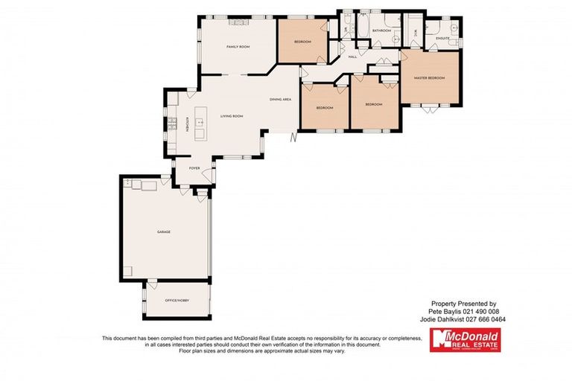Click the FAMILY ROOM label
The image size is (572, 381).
coord(238,47)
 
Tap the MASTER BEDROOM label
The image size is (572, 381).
coord(429,78)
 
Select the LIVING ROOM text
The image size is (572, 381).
coord(232,116)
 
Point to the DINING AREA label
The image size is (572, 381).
coord(280,100)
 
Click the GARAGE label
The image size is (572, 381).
coord(164,232)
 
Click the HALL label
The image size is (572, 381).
coord(352,57)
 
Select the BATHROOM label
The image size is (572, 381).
coord(382,31)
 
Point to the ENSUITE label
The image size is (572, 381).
coord(443,38)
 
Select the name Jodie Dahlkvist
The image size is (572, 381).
coord(447,319)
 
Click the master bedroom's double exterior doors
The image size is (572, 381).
coord(430,109)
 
